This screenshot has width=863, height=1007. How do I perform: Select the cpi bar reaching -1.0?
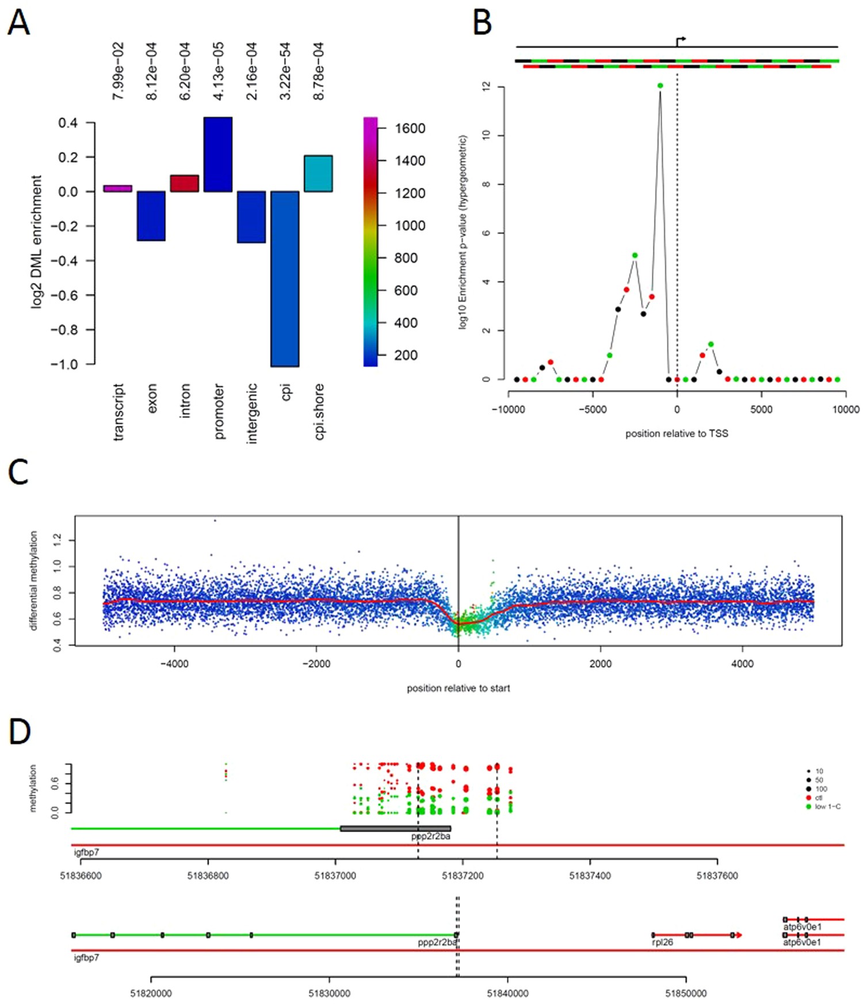pyautogui.click(x=285, y=279)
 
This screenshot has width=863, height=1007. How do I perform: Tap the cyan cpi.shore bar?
pyautogui.click(x=318, y=173)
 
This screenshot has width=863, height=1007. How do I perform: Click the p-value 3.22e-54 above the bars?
pyautogui.click(x=285, y=71)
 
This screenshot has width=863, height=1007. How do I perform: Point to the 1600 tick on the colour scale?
pyautogui.click(x=410, y=128)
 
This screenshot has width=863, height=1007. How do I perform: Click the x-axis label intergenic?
pyautogui.click(x=251, y=414)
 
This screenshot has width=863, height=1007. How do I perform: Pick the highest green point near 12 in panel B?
pyautogui.click(x=660, y=86)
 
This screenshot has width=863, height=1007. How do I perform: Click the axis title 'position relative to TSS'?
pyautogui.click(x=677, y=433)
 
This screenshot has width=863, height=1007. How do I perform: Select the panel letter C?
pyautogui.click(x=18, y=473)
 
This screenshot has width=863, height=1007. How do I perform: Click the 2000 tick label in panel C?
pyautogui.click(x=600, y=663)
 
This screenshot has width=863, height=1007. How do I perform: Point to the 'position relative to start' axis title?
pyautogui.click(x=458, y=688)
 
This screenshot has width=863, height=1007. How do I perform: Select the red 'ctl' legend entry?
pyautogui.click(x=818, y=798)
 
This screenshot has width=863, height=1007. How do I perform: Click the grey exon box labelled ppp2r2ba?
pyautogui.click(x=395, y=829)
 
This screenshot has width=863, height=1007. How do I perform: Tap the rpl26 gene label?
pyautogui.click(x=662, y=943)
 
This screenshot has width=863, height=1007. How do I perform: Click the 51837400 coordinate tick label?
pyautogui.click(x=590, y=876)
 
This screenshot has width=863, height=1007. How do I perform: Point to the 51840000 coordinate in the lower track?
pyautogui.click(x=507, y=993)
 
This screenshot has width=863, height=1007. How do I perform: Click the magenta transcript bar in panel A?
pyautogui.click(x=117, y=188)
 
